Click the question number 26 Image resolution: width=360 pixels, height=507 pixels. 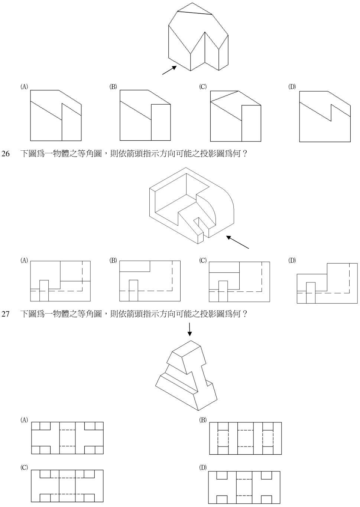click(6, 154)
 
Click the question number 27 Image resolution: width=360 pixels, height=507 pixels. click(6, 314)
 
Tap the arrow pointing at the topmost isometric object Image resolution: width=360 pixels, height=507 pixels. click(169, 70)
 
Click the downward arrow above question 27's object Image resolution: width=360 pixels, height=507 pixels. click(189, 329)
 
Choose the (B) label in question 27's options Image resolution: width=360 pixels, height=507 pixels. click(202, 420)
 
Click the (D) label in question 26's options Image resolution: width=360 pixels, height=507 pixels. click(292, 261)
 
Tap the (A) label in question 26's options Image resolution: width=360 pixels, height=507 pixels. click(24, 261)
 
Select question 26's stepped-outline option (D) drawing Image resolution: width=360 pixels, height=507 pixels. click(327, 283)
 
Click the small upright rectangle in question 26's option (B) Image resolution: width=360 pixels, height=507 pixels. click(133, 291)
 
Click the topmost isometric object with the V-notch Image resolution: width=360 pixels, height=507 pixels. click(198, 37)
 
